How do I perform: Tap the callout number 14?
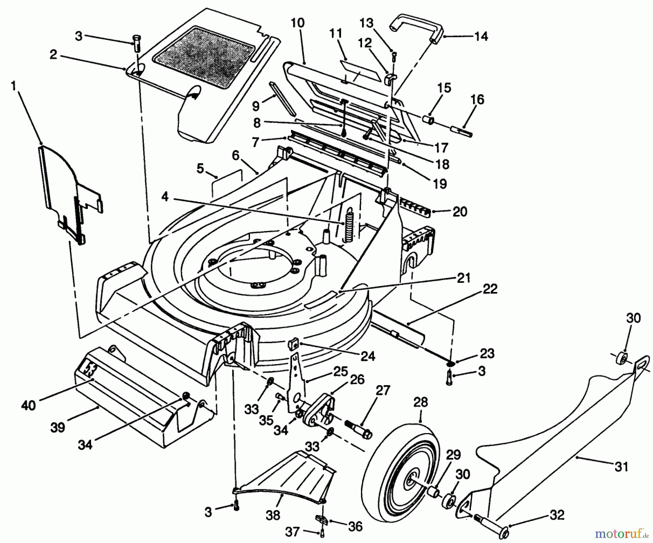click(x=481, y=36)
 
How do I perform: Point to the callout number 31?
click(x=621, y=466)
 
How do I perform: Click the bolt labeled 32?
click(x=491, y=522)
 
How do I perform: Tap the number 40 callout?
click(x=28, y=405)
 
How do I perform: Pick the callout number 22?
click(x=490, y=289)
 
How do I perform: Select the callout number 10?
click(x=297, y=23)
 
